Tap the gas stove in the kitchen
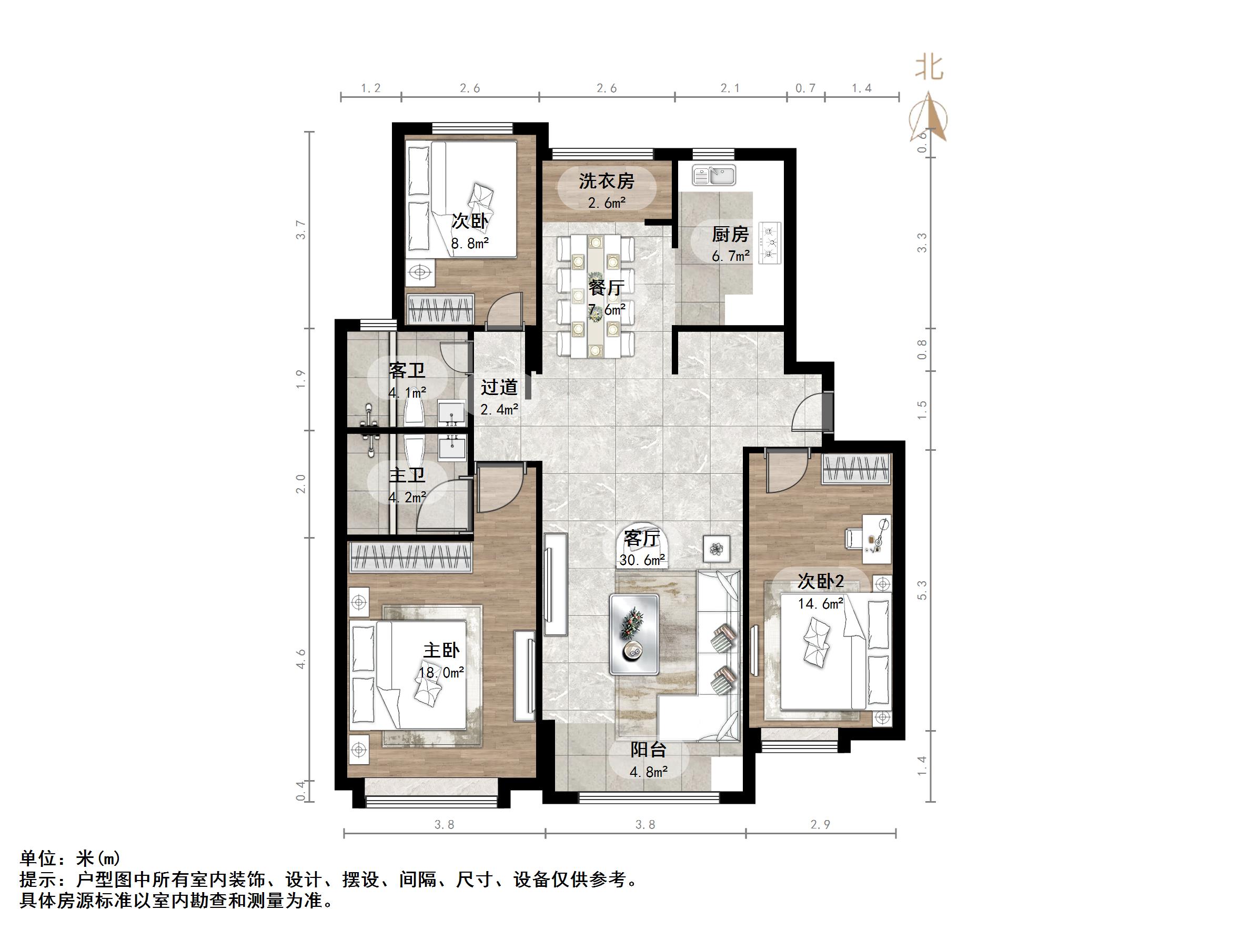pyautogui.click(x=770, y=242)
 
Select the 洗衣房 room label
pyautogui.click(x=607, y=181)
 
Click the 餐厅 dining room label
pyautogui.click(x=606, y=288)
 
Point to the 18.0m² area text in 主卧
pyautogui.click(x=441, y=672)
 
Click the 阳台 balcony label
pyautogui.click(x=648, y=750)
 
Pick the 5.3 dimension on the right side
pyautogui.click(x=922, y=590)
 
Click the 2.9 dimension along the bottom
pyautogui.click(x=820, y=825)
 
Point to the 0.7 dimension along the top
pyautogui.click(x=805, y=88)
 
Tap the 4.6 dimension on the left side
pyautogui.click(x=301, y=659)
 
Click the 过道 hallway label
pyautogui.click(x=499, y=387)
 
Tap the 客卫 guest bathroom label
pyautogui.click(x=407, y=370)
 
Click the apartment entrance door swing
pyautogui.click(x=809, y=412)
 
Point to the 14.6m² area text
pyautogui.click(x=821, y=603)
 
